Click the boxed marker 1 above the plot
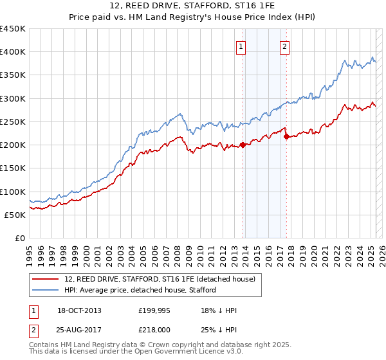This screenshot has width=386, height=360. coord(241,46)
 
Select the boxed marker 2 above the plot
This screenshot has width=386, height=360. coord(284,46)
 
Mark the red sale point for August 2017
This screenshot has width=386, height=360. coord(286,136)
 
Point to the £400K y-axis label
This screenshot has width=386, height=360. coord(13,52)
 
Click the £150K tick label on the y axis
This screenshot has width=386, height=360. coord(13,168)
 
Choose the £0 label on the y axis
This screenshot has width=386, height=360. coord(20,238)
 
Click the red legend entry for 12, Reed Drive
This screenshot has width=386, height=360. coord(160,278)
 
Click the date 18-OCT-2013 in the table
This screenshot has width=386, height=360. coord(79,311)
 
